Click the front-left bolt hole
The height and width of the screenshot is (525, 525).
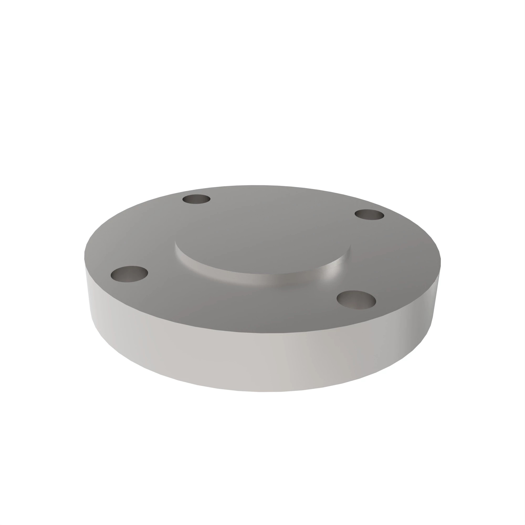click(x=129, y=274)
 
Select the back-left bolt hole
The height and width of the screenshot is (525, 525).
click(x=196, y=199)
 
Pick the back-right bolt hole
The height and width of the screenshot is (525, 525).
click(x=370, y=215)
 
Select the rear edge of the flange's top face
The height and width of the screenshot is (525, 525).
click(x=258, y=186)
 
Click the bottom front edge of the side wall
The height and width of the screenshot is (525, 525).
click(x=261, y=392)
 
